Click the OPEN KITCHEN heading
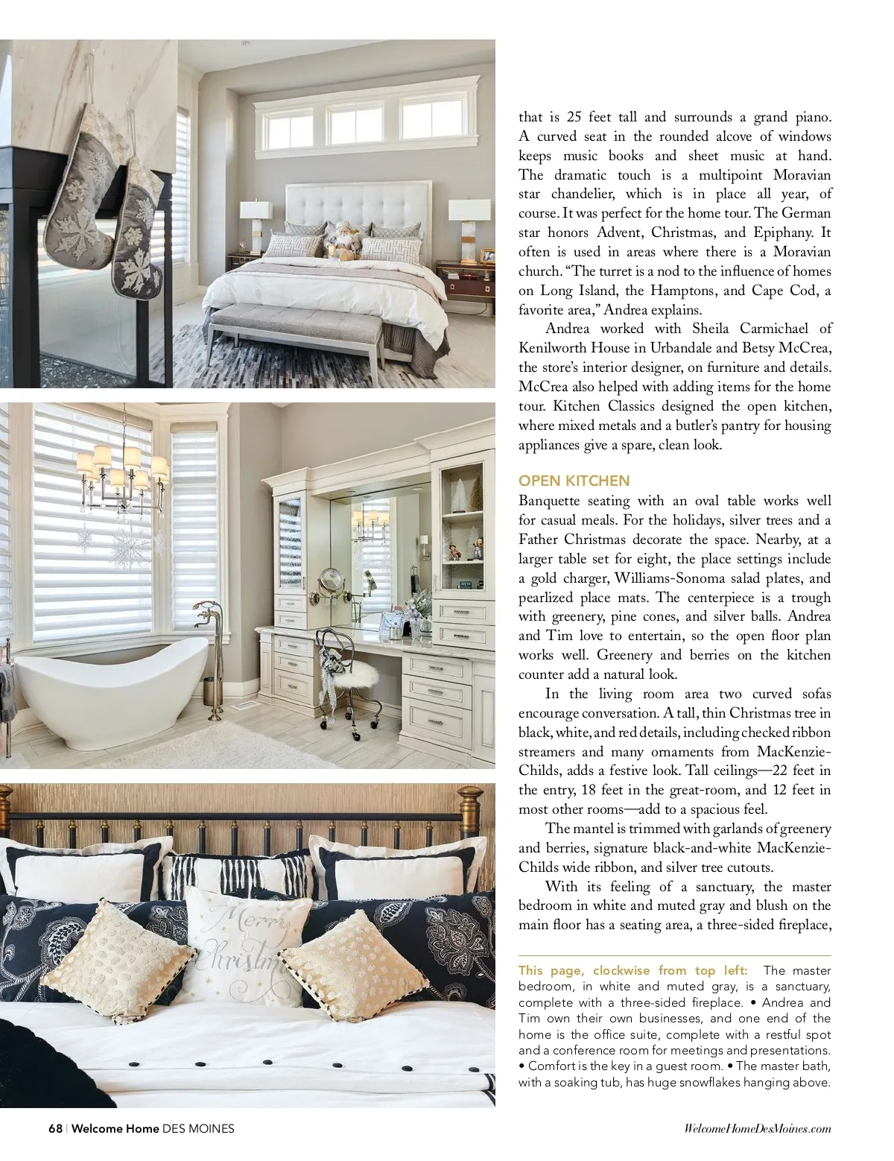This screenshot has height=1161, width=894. tap(574, 481)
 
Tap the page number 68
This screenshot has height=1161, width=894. tap(55, 1128)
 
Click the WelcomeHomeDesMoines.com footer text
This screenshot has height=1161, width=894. tap(757, 1129)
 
